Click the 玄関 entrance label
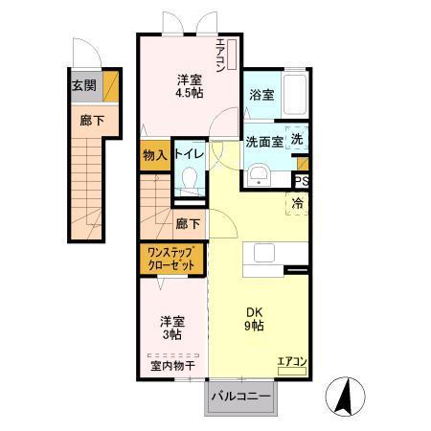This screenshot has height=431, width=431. click(x=83, y=83)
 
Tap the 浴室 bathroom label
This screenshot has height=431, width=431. click(x=261, y=95)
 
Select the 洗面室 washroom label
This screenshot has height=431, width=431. click(x=264, y=142)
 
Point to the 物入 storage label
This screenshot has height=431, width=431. click(x=155, y=154)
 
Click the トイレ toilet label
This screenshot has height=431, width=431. click(x=188, y=154)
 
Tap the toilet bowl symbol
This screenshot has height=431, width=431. click(x=189, y=180)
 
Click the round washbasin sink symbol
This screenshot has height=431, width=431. click(x=258, y=173)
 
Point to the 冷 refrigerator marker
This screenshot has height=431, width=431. click(x=298, y=202)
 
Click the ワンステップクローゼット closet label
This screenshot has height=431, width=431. click(x=171, y=258)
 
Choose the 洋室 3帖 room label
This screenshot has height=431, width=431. click(x=172, y=329)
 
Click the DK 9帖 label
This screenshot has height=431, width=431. click(x=253, y=318)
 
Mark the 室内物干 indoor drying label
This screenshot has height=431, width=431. click(x=172, y=365)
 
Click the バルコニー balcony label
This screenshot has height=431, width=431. click(x=239, y=396)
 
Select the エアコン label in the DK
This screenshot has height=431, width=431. click(x=291, y=361)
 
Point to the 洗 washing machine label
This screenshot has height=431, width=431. click(x=297, y=139)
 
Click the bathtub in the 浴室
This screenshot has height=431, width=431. click(x=294, y=95)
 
